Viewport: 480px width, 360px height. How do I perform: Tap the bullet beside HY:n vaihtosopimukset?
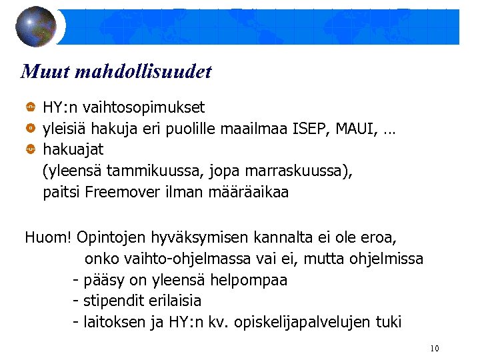tap(31, 107)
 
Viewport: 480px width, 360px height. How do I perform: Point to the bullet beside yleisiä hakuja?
tap(31, 127)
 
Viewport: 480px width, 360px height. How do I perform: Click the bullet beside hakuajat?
tap(31, 149)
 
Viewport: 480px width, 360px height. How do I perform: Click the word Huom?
tap(49, 237)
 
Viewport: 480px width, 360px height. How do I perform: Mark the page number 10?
tap(435, 349)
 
